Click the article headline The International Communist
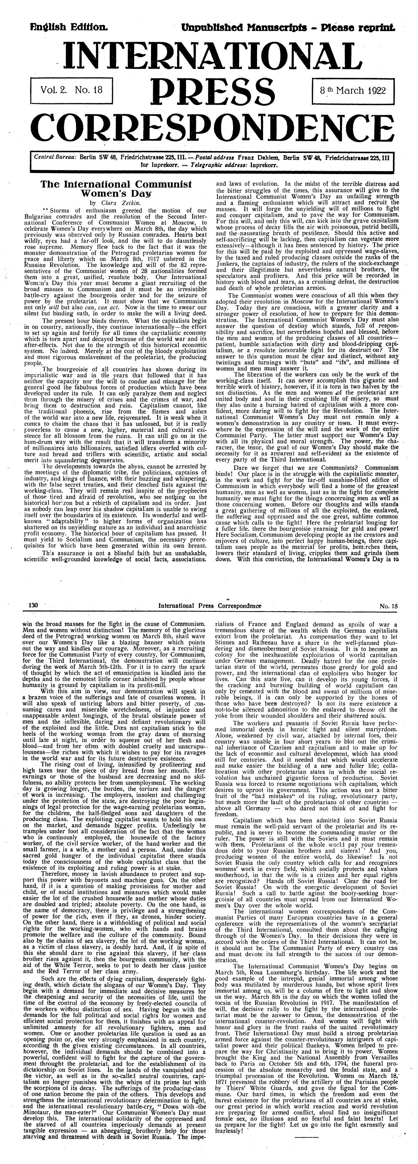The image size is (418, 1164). click(116, 184)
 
